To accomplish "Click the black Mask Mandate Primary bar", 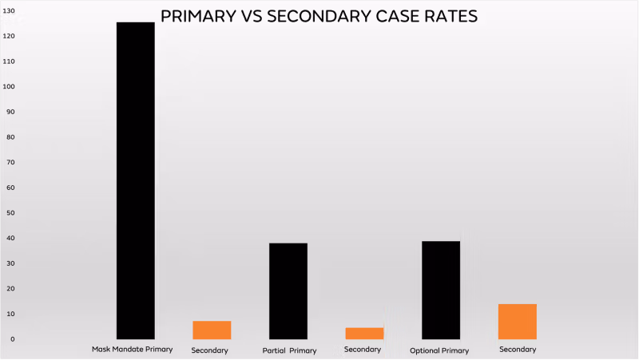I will pyautogui.click(x=136, y=180).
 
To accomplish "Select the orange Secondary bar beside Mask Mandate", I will pyautogui.click(x=212, y=330).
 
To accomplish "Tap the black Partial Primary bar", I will pyautogui.click(x=288, y=291).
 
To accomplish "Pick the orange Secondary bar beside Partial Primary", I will pyautogui.click(x=364, y=333).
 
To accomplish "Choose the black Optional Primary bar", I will pyautogui.click(x=441, y=290).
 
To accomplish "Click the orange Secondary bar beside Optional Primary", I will pyautogui.click(x=517, y=321).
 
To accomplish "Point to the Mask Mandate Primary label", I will pyautogui.click(x=132, y=350).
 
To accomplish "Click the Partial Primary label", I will pyautogui.click(x=289, y=350).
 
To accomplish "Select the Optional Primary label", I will pyautogui.click(x=439, y=350).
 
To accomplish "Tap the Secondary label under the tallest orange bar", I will pyautogui.click(x=518, y=350).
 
